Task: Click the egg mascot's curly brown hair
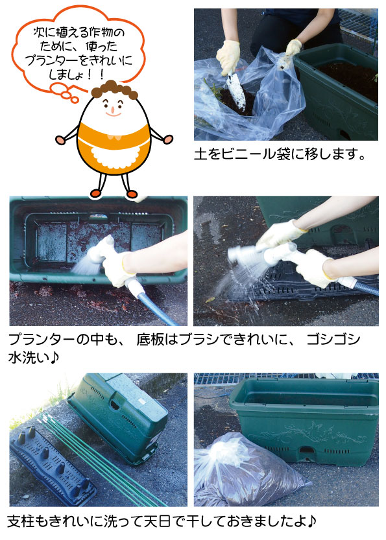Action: pos(115,89)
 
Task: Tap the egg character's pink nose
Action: pos(112,110)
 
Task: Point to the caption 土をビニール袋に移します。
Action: pos(280,154)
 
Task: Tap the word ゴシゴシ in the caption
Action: pos(333,340)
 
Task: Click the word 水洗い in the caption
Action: pos(29,357)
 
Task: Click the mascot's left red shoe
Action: pos(132,194)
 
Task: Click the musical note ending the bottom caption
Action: pos(311,521)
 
